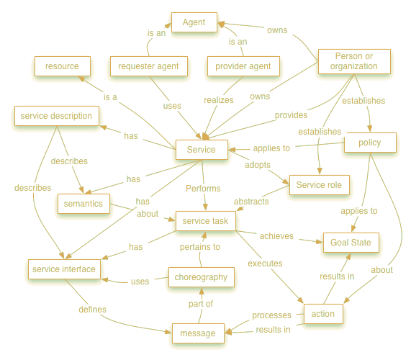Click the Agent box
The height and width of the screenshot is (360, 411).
(194, 22)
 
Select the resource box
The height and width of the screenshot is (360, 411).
(63, 66)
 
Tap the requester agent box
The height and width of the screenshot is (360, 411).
(149, 66)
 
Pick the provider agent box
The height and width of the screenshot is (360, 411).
(243, 66)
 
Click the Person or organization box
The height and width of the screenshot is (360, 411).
(354, 61)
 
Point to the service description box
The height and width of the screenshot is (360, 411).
(57, 116)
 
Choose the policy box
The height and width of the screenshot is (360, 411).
(370, 143)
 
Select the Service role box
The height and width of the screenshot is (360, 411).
(320, 185)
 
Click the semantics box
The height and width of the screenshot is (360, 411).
(83, 204)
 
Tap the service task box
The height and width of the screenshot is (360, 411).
(206, 221)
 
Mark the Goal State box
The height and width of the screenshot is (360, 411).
(351, 243)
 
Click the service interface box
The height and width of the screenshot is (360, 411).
(64, 269)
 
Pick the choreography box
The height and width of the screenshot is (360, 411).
(202, 277)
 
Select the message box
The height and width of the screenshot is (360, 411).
(198, 333)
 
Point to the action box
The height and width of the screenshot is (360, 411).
(323, 314)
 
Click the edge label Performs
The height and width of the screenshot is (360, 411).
(203, 189)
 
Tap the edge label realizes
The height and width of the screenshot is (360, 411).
(219, 100)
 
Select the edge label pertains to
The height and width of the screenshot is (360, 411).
(200, 247)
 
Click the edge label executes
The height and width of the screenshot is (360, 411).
(266, 264)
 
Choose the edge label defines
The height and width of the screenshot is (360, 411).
(93, 310)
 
